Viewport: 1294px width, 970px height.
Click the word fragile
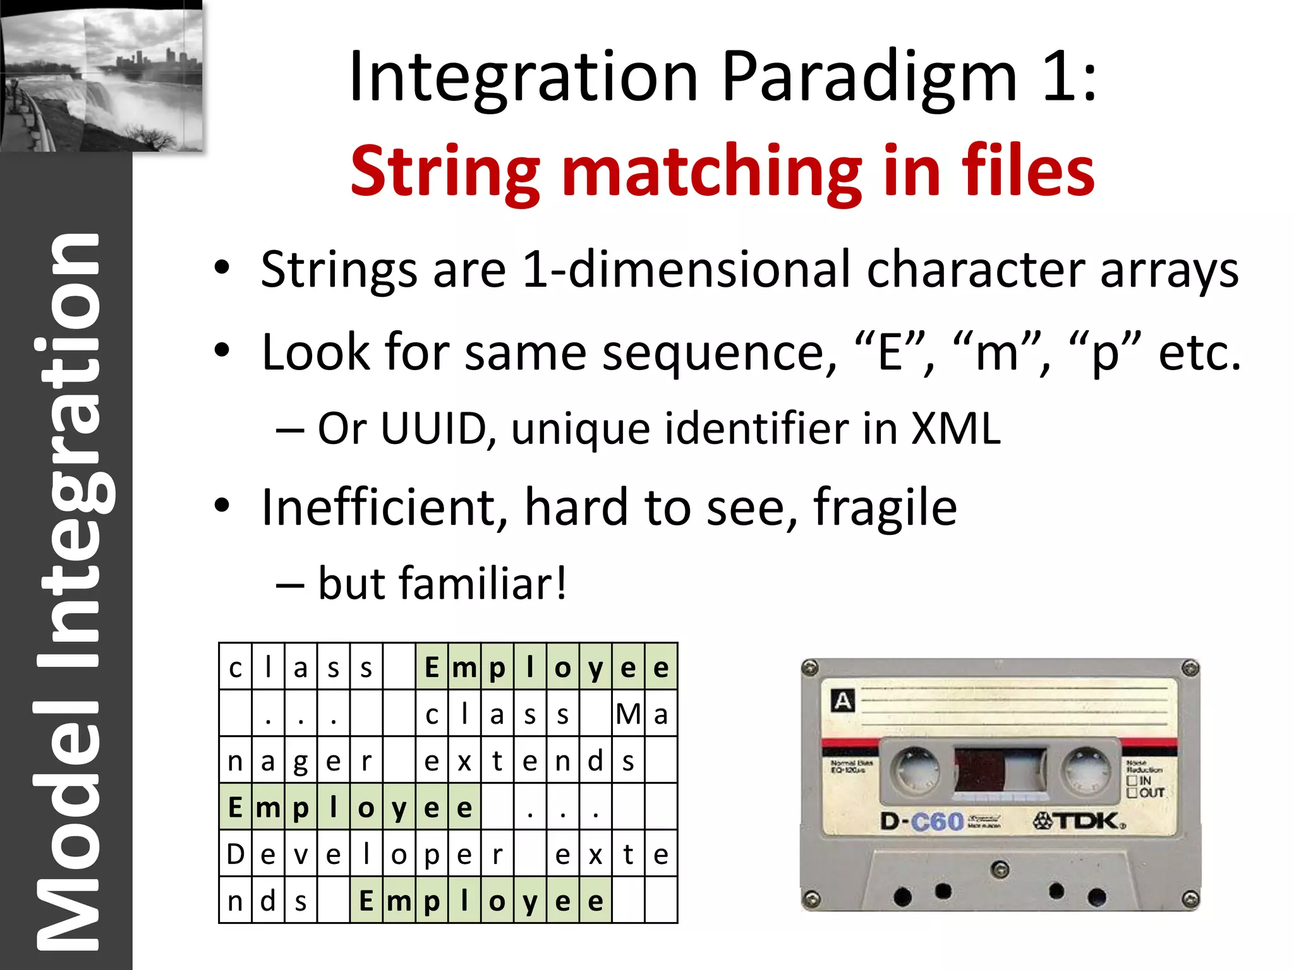(x=885, y=508)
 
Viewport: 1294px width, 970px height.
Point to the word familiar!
(x=442, y=584)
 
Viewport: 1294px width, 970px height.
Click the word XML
(x=955, y=429)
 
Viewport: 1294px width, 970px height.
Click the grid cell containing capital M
(x=628, y=714)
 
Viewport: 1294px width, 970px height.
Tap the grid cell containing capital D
(x=236, y=854)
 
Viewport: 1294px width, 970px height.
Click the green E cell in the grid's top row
(x=432, y=667)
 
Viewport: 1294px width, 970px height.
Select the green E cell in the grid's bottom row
(x=366, y=901)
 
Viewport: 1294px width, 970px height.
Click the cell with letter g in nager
(x=301, y=761)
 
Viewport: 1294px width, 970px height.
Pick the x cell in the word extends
(x=464, y=761)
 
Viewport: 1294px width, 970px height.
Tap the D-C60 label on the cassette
(x=922, y=822)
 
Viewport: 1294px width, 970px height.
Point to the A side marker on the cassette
(x=843, y=701)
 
